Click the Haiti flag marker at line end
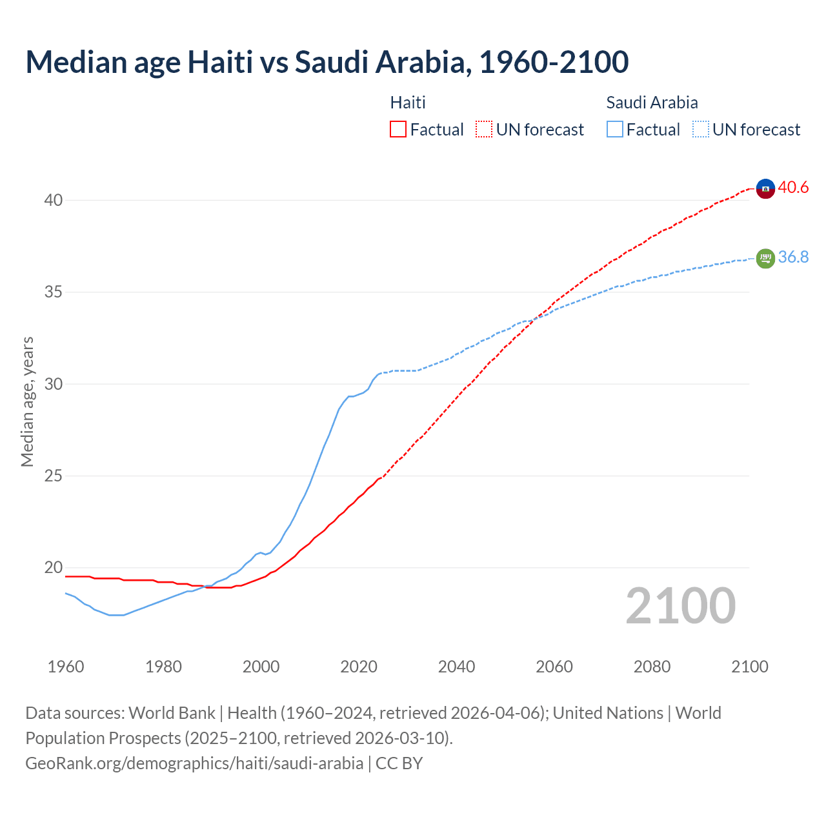coord(765,188)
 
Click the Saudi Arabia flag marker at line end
coord(765,258)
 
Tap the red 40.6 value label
coord(793,188)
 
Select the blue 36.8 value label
coord(793,257)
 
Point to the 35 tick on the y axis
coord(53,292)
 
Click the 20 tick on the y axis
coord(53,568)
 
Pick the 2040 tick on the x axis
coord(456,667)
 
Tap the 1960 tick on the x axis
coord(66,667)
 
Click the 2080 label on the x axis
coord(652,667)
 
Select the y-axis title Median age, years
coord(27,401)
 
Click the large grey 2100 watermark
coord(680,606)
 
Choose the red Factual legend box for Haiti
coord(398,130)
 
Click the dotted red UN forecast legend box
coord(484,130)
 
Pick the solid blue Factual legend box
coord(615,130)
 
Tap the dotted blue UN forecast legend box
coord(701,130)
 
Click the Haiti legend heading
coord(408,103)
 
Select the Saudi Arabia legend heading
coord(652,103)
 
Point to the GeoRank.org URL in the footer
coord(194,763)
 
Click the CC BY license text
coord(399,763)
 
